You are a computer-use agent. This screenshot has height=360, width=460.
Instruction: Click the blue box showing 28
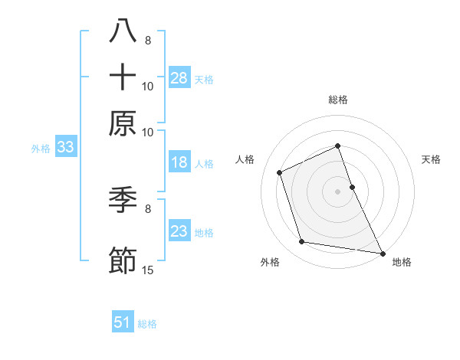coord(179,78)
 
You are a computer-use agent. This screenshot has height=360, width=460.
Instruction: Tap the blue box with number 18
coord(179,163)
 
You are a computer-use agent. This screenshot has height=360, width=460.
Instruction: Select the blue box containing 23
coord(179,231)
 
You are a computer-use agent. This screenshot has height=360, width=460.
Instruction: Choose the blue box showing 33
coord(65,148)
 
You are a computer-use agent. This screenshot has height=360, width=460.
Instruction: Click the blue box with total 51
coord(123,322)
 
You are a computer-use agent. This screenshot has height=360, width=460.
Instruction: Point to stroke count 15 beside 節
coord(148,270)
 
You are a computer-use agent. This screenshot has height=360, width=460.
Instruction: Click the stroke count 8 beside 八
coord(148,41)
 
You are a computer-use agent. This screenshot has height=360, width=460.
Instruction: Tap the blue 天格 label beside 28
coord(204,79)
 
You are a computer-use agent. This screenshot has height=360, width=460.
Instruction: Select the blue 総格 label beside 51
coord(147,324)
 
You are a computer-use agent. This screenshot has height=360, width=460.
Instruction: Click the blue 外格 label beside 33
coord(41,149)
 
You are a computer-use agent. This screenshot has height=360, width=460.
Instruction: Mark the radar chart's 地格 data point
coord(382,252)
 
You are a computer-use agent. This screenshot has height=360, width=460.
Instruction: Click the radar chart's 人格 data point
coord(280,172)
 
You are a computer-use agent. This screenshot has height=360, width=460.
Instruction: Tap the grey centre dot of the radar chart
coord(337,191)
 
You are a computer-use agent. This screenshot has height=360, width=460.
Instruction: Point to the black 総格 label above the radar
coord(337,100)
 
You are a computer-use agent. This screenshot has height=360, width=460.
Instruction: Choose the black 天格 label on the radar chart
coord(431,159)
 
